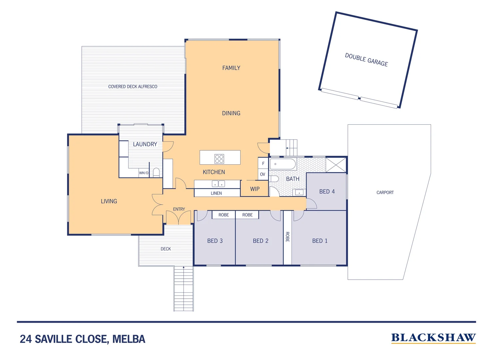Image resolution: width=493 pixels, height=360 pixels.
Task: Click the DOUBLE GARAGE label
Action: [366, 60]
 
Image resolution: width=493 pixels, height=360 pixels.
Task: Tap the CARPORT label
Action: [385, 192]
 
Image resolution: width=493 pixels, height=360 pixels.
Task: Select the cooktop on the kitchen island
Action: [219, 159]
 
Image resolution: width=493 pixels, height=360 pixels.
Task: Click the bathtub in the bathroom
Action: [283, 164]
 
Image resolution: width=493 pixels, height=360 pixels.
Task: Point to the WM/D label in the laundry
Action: [144, 173]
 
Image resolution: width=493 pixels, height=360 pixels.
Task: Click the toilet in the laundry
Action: [156, 172]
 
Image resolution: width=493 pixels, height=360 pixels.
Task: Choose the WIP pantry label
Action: [255, 189]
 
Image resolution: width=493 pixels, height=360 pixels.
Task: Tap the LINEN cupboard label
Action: [216, 193]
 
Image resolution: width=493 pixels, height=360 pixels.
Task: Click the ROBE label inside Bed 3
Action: [224, 215]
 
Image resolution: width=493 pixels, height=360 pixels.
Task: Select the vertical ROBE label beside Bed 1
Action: [287, 237]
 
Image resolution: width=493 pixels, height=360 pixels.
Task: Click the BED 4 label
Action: [327, 191]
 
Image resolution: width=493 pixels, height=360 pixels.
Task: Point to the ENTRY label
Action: [179, 209]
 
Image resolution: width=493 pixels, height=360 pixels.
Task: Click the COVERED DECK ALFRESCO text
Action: [133, 86]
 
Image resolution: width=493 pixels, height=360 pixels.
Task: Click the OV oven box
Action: [263, 174]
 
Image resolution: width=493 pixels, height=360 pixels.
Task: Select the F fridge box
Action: [263, 163]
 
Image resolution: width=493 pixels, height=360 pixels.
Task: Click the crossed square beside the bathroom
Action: [336, 165]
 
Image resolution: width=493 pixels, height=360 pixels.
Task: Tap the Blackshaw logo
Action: [433, 338]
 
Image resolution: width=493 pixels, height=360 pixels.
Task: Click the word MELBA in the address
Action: [129, 339]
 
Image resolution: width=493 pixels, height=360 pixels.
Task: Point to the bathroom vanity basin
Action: [299, 193]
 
